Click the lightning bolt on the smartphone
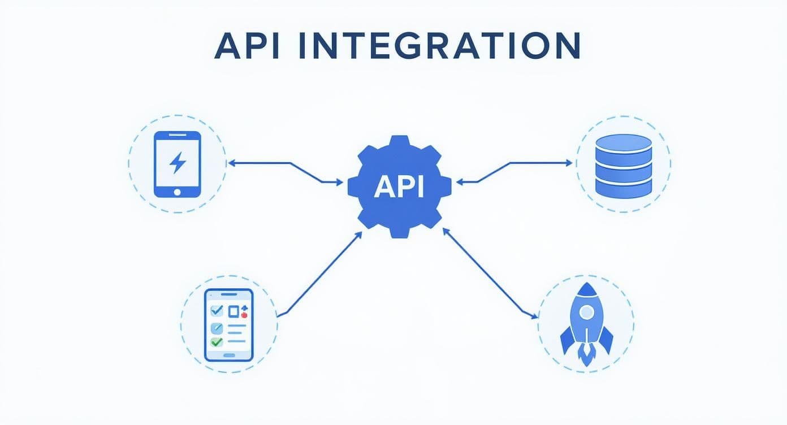(x=178, y=163)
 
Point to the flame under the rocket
(x=586, y=354)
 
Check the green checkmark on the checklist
(x=217, y=342)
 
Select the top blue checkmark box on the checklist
(x=216, y=310)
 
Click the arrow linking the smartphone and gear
(x=290, y=164)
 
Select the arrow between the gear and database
(x=509, y=163)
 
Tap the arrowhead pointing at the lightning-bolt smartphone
(x=231, y=163)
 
